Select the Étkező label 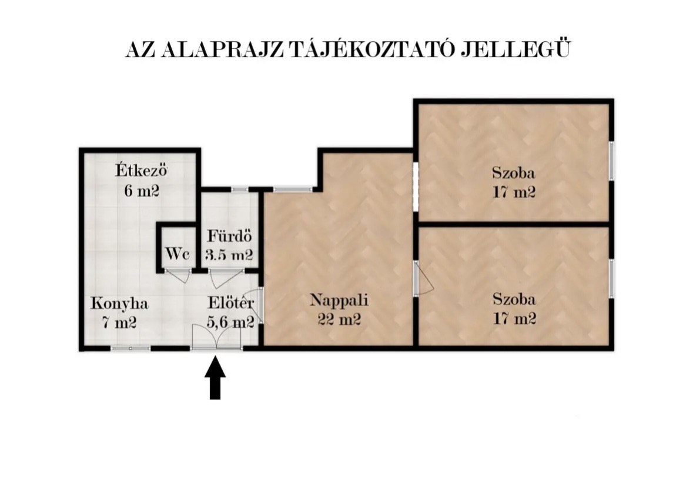click(142, 170)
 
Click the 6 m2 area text click(142, 191)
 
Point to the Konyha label click(119, 304)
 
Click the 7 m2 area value click(119, 323)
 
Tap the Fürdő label click(229, 236)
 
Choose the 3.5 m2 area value click(229, 255)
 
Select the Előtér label click(230, 303)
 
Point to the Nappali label click(339, 300)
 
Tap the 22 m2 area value click(339, 319)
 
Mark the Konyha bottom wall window click(130, 348)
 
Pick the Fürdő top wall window click(240, 189)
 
